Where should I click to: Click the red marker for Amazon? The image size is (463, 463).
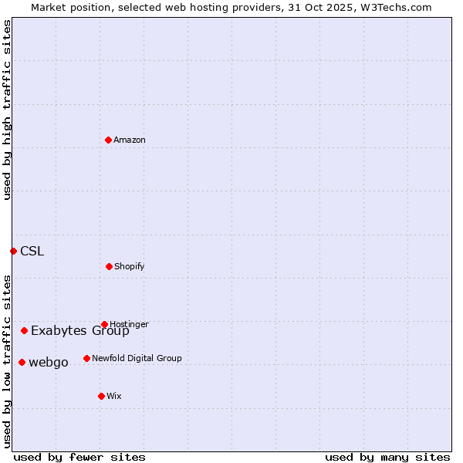click(108, 140)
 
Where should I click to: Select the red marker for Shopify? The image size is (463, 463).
click(109, 266)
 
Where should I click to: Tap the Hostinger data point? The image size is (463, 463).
click(104, 324)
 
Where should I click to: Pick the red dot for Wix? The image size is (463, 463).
click(101, 396)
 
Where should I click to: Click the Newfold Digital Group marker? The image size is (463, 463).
click(86, 358)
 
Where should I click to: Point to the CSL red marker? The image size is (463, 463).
click(13, 251)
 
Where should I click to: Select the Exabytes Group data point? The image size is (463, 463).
click(24, 330)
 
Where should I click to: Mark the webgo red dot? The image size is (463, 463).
click(22, 362)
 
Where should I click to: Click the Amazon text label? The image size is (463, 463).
click(130, 140)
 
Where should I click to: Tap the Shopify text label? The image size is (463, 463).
click(130, 266)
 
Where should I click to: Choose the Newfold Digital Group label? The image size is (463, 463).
click(137, 358)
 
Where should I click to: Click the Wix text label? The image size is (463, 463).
click(114, 396)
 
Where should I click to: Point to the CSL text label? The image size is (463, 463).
click(32, 251)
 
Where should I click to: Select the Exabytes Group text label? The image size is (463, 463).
click(80, 331)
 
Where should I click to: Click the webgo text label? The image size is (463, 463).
click(49, 362)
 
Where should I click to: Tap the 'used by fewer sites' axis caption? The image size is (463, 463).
click(79, 457)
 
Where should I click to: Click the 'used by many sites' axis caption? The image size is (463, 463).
click(387, 457)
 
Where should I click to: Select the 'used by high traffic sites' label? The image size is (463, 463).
click(7, 110)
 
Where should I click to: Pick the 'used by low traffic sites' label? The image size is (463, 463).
click(7, 360)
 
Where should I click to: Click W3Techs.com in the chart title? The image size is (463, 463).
click(393, 7)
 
